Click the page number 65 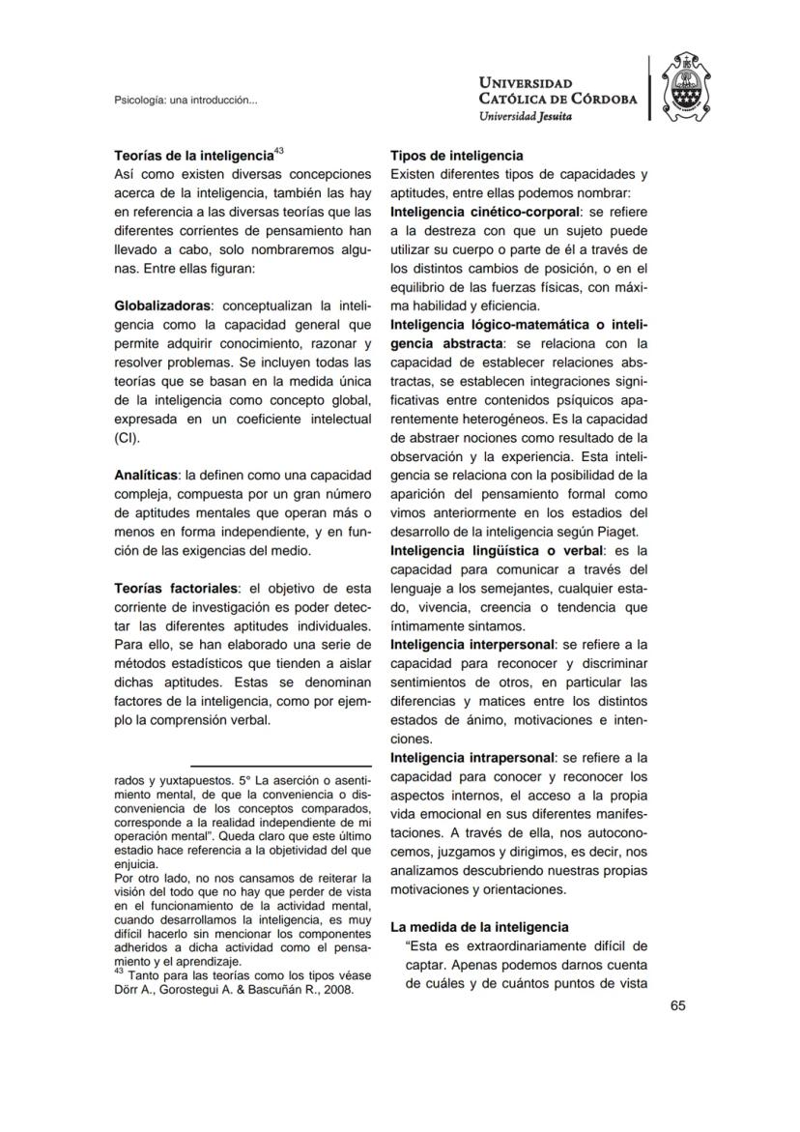pyautogui.click(x=677, y=1005)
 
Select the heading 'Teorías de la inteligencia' pyautogui.click(x=192, y=156)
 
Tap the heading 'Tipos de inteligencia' pyautogui.click(x=457, y=156)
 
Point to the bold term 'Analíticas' pyautogui.click(x=146, y=476)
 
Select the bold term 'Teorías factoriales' pyautogui.click(x=178, y=589)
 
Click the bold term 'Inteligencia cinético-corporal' pyautogui.click(x=484, y=212)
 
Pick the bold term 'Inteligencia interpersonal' pyautogui.click(x=471, y=645)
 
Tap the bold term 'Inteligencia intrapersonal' pyautogui.click(x=472, y=758)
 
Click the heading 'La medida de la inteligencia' pyautogui.click(x=479, y=927)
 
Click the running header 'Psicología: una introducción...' pyautogui.click(x=186, y=100)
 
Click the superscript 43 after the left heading pyautogui.click(x=278, y=150)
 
